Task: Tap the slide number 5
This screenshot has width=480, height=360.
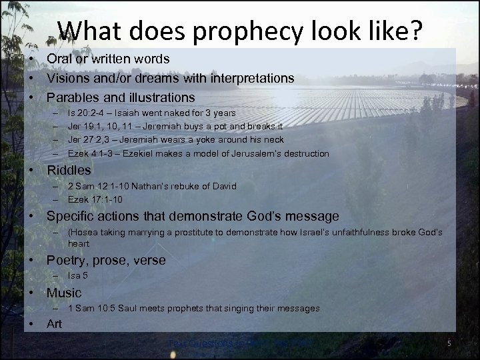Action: point(449,343)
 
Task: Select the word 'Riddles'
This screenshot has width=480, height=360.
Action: point(69,170)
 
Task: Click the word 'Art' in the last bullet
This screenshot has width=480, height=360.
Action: point(55,324)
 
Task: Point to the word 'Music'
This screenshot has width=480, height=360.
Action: point(64,293)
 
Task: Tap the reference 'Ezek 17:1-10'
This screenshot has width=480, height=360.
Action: point(95,199)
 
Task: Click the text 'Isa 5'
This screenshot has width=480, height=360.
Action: point(78,275)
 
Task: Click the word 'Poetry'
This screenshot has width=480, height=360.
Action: point(67,260)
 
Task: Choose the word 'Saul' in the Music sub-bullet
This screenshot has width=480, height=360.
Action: point(120,309)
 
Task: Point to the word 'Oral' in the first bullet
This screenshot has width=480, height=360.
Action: point(59,59)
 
